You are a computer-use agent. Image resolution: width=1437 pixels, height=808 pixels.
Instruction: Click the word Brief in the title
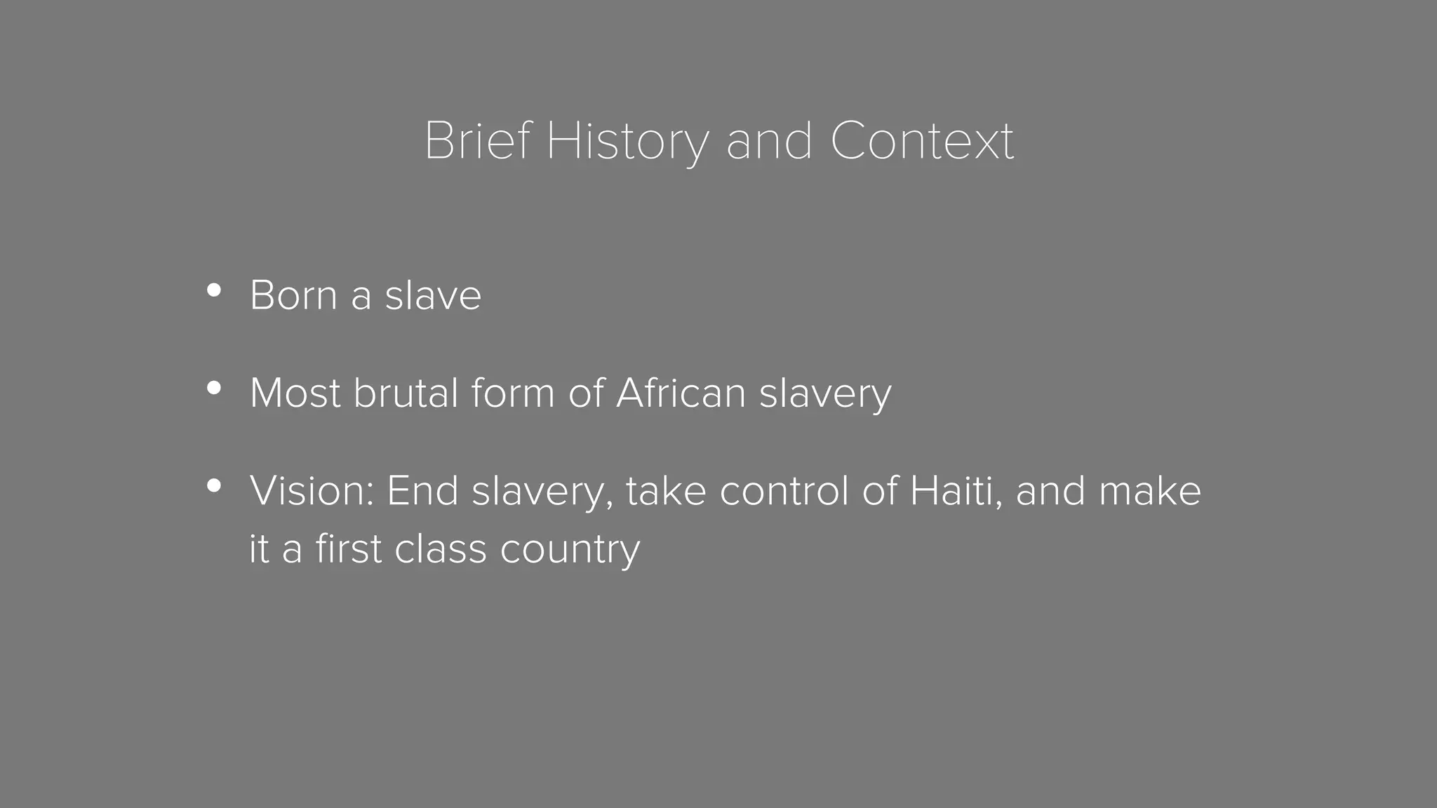pos(478,141)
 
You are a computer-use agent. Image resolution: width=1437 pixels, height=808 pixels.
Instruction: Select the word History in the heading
pos(627,142)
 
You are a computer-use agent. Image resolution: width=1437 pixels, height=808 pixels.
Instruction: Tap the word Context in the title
pos(922,141)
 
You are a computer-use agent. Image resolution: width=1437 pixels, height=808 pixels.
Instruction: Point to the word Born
pos(294,295)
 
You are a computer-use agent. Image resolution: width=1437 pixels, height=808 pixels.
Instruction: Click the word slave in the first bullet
pos(433,295)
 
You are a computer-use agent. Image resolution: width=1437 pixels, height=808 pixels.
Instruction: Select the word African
pos(681,393)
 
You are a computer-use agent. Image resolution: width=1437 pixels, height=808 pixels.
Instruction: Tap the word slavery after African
pos(825,394)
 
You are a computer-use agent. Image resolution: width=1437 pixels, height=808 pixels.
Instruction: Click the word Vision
pos(312,490)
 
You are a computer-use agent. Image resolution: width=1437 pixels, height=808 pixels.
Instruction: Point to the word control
pos(784,490)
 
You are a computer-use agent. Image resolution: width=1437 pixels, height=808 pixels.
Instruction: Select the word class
pos(440,548)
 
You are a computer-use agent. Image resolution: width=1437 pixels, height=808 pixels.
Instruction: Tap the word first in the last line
pos(348,548)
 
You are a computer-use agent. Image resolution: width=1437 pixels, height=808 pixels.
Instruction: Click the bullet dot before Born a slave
pos(214,290)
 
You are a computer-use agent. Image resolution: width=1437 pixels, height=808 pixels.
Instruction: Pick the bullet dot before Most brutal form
pos(214,388)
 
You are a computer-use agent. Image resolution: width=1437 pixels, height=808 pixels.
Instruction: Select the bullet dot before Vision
pos(214,485)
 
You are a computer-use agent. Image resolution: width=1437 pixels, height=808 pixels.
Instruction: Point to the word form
pos(512,393)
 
